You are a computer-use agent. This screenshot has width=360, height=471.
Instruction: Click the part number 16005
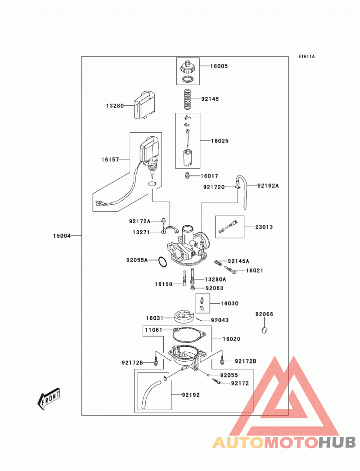coord(219,66)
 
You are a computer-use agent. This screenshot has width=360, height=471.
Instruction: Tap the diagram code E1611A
coord(306,56)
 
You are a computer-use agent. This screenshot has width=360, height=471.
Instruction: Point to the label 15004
coord(62,236)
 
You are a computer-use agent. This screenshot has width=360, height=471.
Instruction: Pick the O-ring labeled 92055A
coord(162,262)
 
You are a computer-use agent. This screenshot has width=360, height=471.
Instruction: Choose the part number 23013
coord(264,227)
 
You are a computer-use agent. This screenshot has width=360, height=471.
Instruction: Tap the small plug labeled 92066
coord(265,330)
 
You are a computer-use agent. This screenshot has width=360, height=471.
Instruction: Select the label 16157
coord(110,160)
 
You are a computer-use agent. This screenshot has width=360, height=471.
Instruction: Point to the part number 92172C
coord(214,187)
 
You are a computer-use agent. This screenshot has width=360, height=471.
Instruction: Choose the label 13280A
coord(216,279)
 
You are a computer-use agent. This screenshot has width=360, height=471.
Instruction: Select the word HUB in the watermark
coord(337,443)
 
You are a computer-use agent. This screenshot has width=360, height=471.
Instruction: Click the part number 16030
coord(229,303)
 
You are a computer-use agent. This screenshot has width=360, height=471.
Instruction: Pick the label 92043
coord(220,320)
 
